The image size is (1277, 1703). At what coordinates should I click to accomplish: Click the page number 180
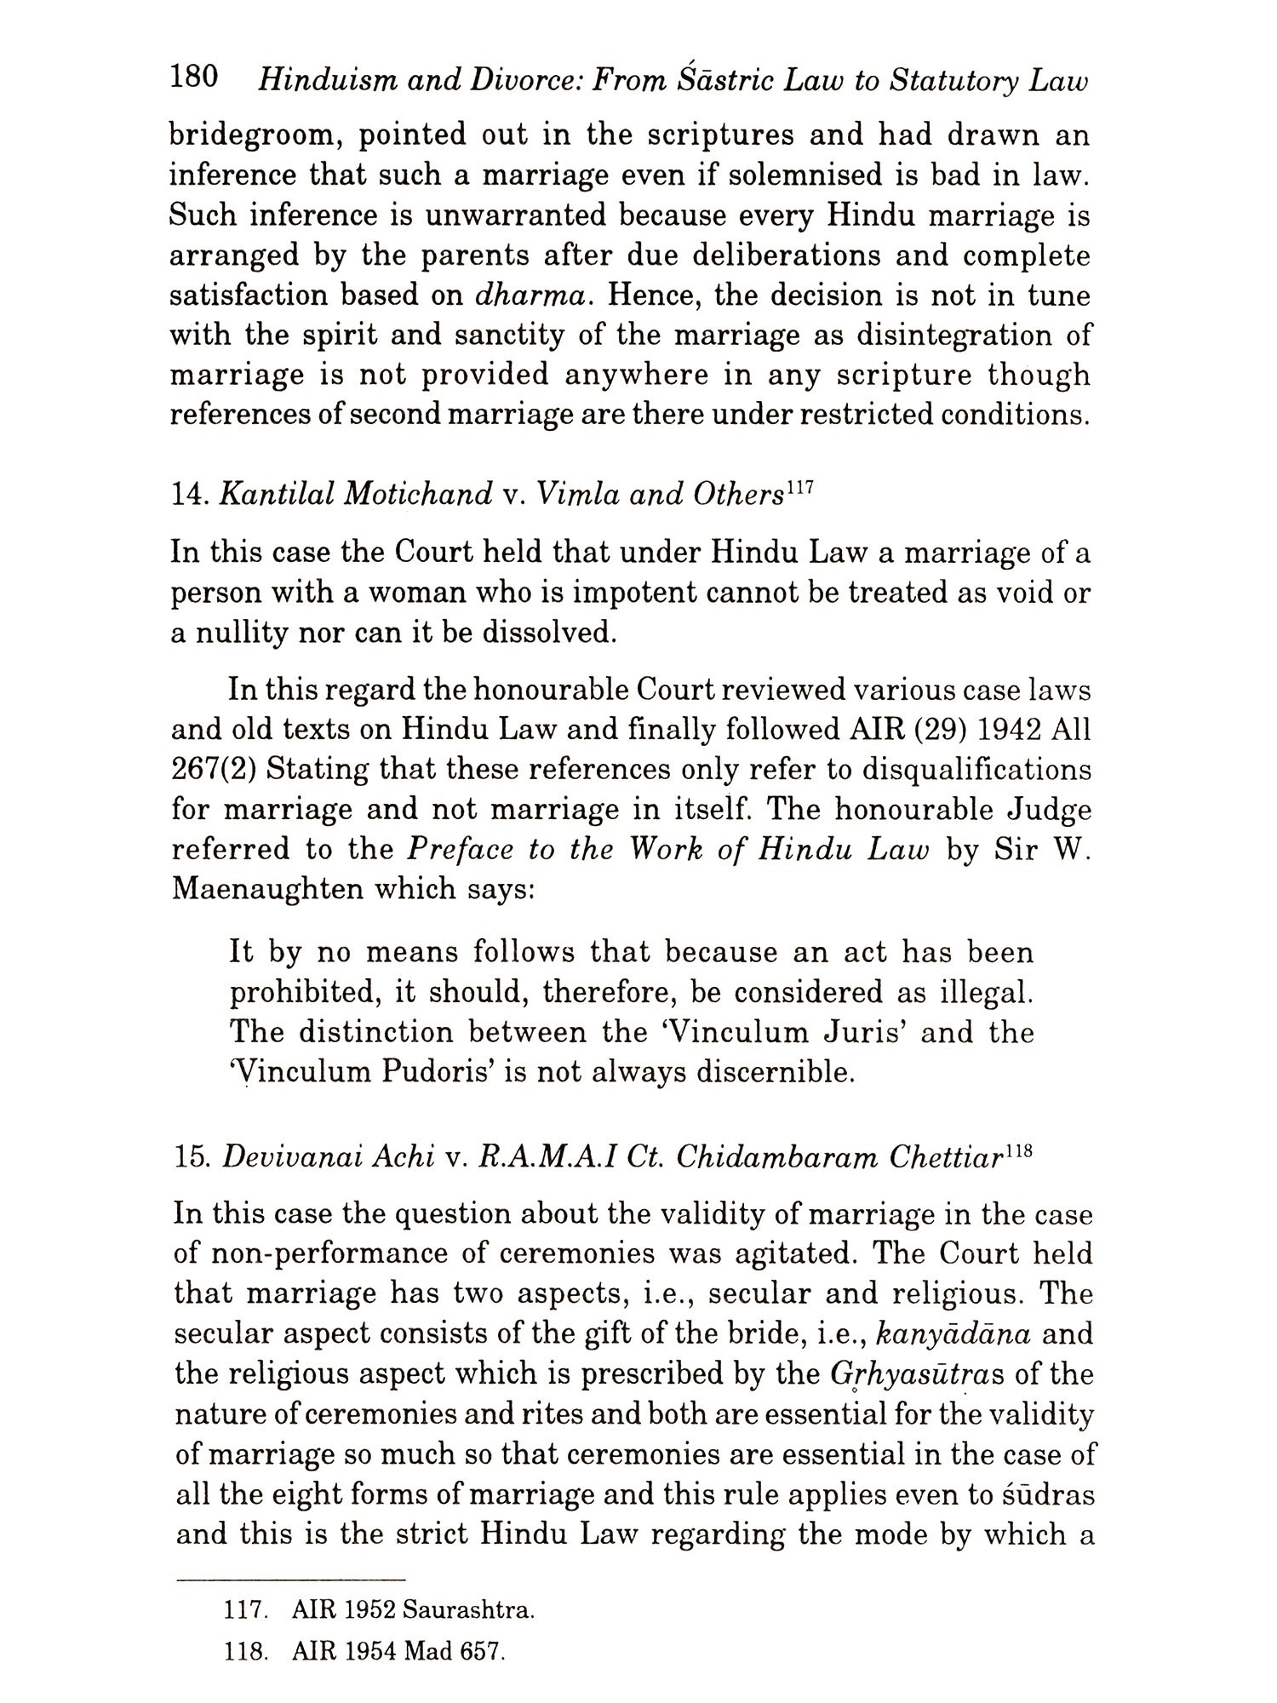pos(195,79)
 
